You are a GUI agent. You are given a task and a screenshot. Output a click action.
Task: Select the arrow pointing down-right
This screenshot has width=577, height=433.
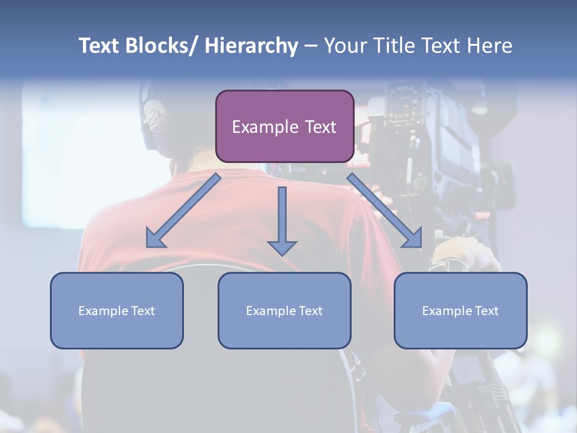[385, 211]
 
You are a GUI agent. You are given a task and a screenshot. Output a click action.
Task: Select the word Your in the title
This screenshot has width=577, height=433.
[346, 46]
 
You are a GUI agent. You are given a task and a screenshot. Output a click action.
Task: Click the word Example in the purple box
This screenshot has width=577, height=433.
[264, 127]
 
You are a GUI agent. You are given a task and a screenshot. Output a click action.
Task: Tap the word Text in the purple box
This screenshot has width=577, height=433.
[319, 127]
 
